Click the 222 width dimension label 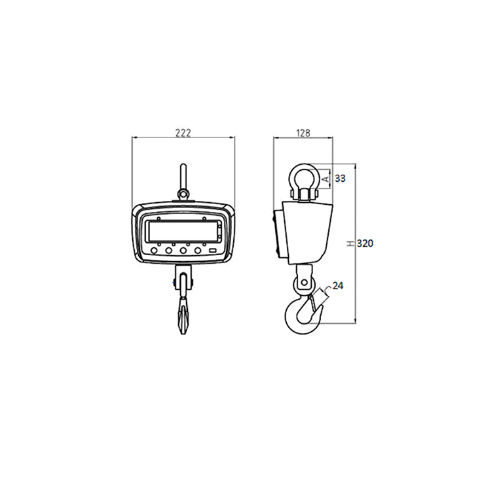183,132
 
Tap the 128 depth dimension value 303,132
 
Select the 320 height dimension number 365,243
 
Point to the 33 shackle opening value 340,178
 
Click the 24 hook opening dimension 338,285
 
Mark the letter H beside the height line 350,243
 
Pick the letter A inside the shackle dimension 326,178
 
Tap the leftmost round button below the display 154,250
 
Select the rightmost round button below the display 198,250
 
